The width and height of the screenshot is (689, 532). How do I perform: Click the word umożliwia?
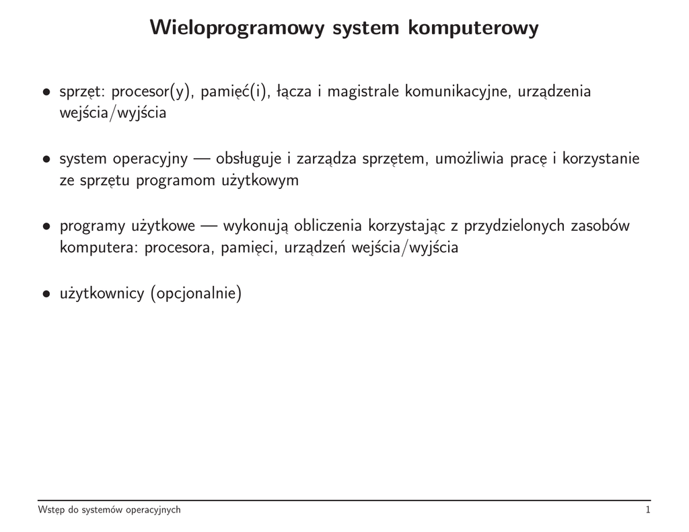[x=466, y=159]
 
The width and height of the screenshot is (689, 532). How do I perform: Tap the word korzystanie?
[x=600, y=159]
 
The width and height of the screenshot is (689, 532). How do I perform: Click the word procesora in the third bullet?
[x=179, y=248]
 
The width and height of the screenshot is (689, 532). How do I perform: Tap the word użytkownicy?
[x=102, y=294]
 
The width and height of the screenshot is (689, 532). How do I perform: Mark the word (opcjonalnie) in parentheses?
[x=196, y=294]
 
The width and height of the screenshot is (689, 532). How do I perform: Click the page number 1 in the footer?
[x=647, y=510]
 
